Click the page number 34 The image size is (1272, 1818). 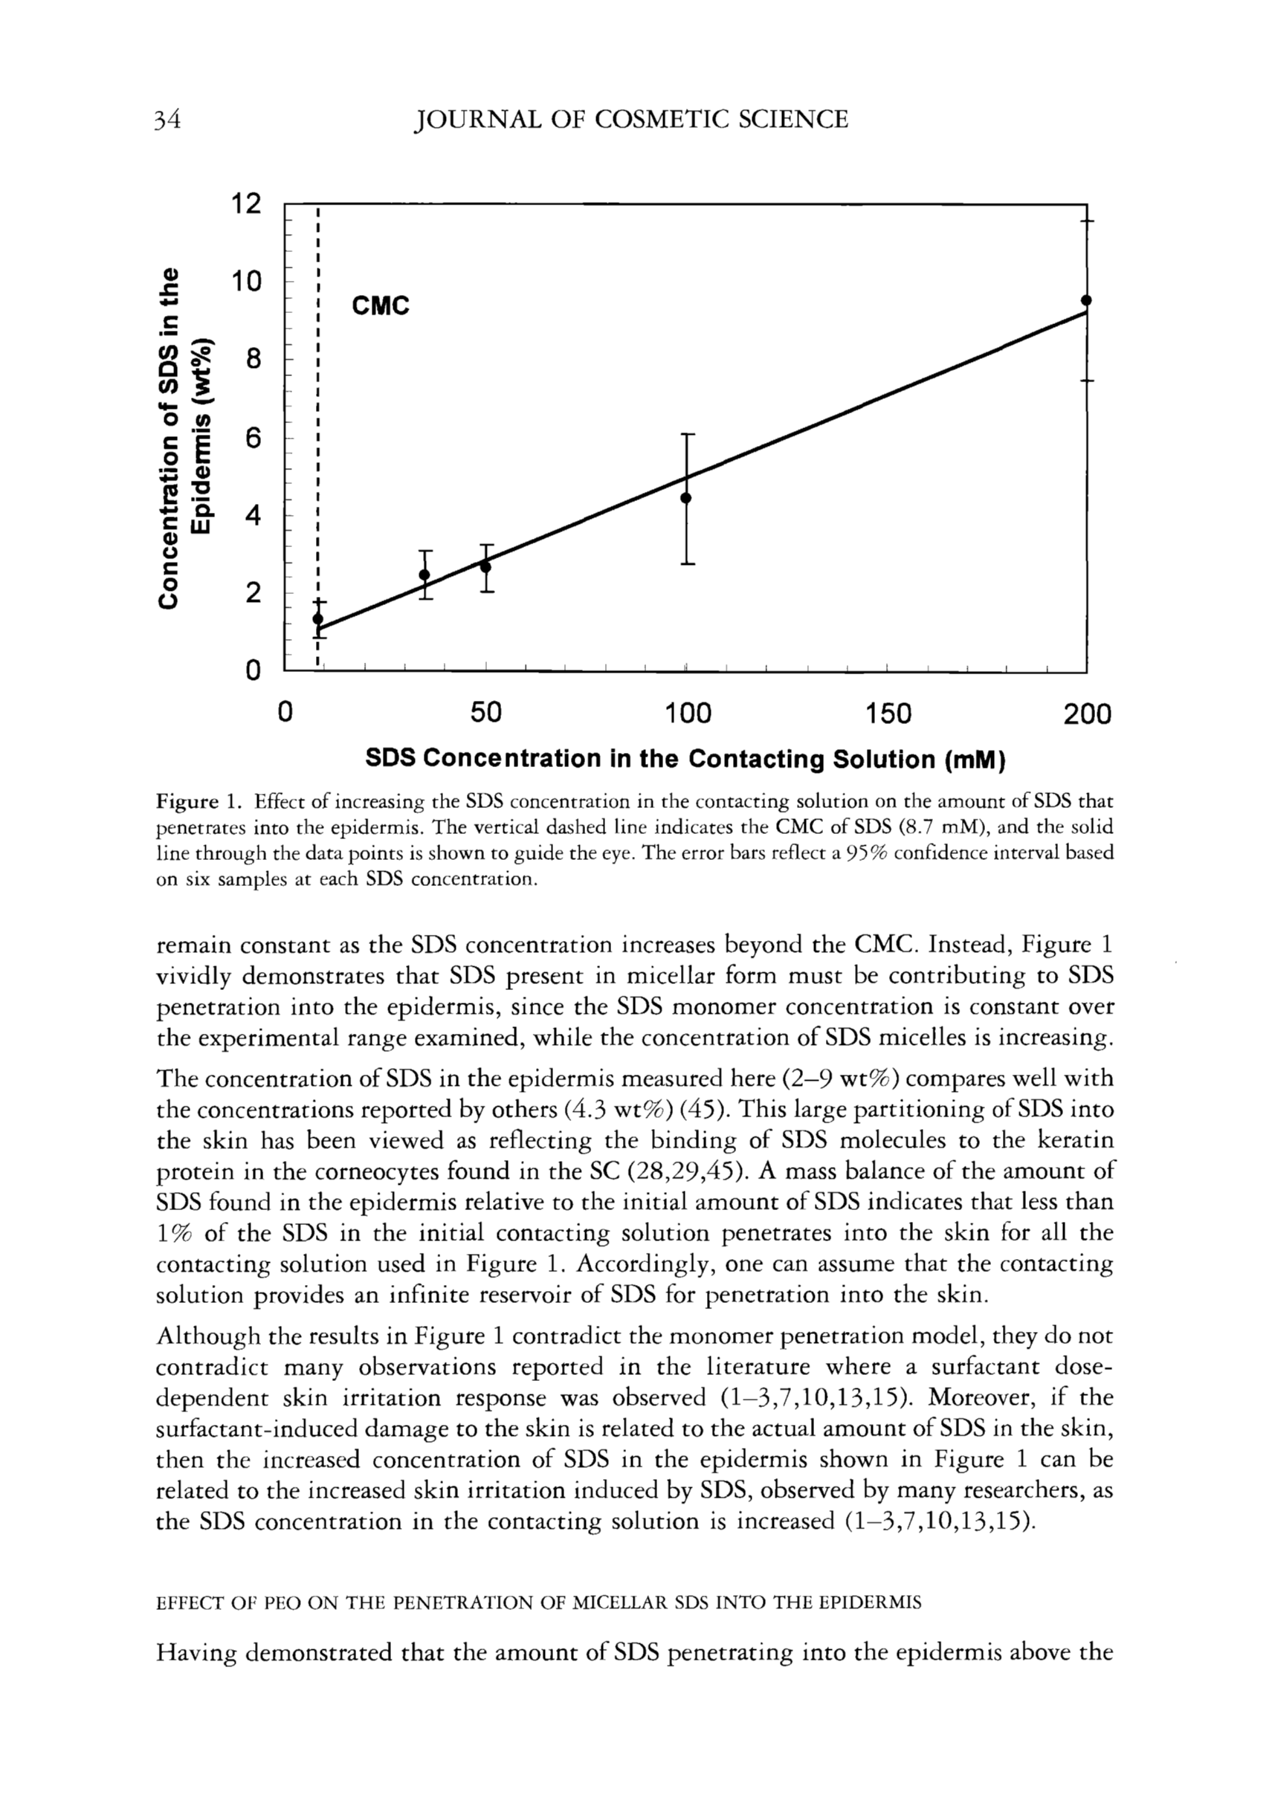tap(169, 120)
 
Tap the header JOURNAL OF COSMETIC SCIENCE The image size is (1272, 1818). tap(631, 120)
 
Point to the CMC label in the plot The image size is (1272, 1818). tap(380, 305)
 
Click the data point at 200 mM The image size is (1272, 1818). tap(1086, 300)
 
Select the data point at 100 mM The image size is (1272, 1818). tap(686, 497)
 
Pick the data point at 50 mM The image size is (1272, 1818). tap(485, 566)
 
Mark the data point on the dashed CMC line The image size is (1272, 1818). tap(317, 618)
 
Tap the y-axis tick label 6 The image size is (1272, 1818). tap(253, 438)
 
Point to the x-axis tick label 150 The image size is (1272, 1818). tap(888, 715)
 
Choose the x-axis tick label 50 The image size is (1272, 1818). tap(485, 715)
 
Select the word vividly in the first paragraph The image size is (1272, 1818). tap(193, 977)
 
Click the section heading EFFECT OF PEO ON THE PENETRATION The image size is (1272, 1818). tap(538, 1602)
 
